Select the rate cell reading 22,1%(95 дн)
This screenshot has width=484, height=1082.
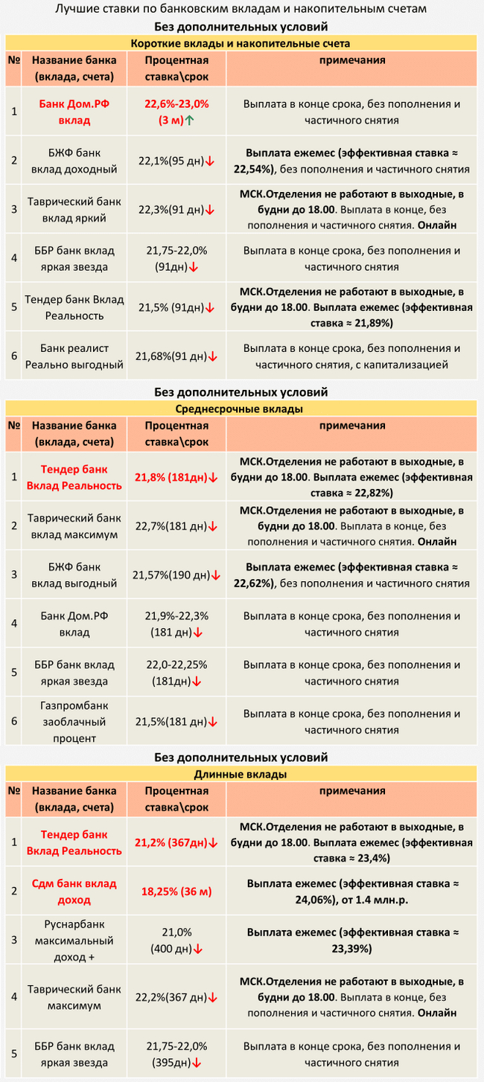(x=176, y=160)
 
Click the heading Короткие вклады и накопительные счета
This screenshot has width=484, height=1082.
(x=241, y=44)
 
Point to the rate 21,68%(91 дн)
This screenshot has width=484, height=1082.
(x=176, y=356)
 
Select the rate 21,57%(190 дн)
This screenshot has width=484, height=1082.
(x=176, y=575)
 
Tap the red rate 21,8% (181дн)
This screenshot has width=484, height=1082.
(x=176, y=477)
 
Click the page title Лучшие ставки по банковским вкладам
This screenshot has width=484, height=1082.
(x=242, y=10)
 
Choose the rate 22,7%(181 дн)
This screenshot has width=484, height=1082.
(x=176, y=526)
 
